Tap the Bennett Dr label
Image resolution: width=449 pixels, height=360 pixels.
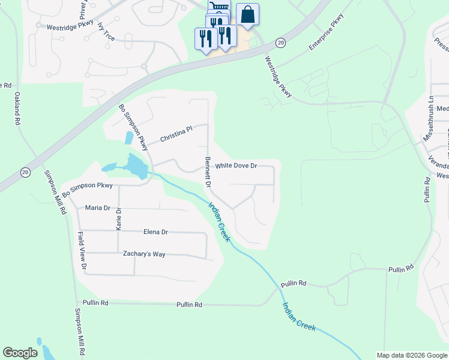[208, 172]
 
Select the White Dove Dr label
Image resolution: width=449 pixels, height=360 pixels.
[236, 166]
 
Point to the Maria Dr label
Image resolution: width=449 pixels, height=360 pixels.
[98, 208]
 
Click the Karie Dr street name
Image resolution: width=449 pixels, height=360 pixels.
[118, 219]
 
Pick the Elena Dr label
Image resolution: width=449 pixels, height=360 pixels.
[155, 232]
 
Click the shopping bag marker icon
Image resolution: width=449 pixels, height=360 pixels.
[247, 14]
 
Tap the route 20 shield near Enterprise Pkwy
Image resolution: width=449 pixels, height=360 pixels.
[280, 42]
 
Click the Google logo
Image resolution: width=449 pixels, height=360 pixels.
[20, 353]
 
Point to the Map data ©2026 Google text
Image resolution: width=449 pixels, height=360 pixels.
[412, 355]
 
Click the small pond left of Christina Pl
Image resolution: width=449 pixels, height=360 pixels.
[129, 137]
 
